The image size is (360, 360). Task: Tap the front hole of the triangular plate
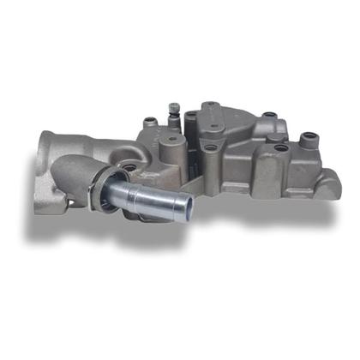click(210, 147)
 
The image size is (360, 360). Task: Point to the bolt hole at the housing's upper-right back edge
click(268, 116)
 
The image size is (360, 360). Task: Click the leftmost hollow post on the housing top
click(150, 123)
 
